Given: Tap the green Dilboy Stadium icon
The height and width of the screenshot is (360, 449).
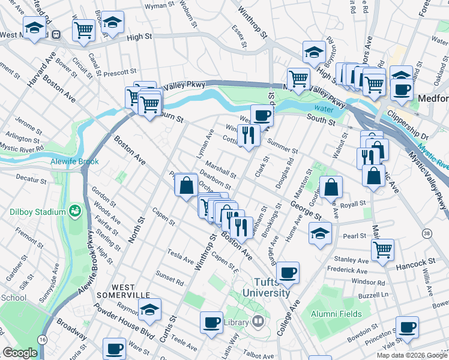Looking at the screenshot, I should (x=75, y=211).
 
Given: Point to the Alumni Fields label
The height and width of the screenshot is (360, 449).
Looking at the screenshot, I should (x=336, y=314).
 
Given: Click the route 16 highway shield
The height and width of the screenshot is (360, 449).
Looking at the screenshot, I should (x=42, y=339).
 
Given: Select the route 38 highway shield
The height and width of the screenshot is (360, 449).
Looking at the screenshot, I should (x=426, y=232).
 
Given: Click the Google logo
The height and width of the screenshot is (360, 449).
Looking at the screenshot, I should (x=20, y=353).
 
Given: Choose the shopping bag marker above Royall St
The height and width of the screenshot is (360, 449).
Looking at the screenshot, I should (x=331, y=187).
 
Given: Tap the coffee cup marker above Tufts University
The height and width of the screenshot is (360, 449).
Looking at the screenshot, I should (x=288, y=272).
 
